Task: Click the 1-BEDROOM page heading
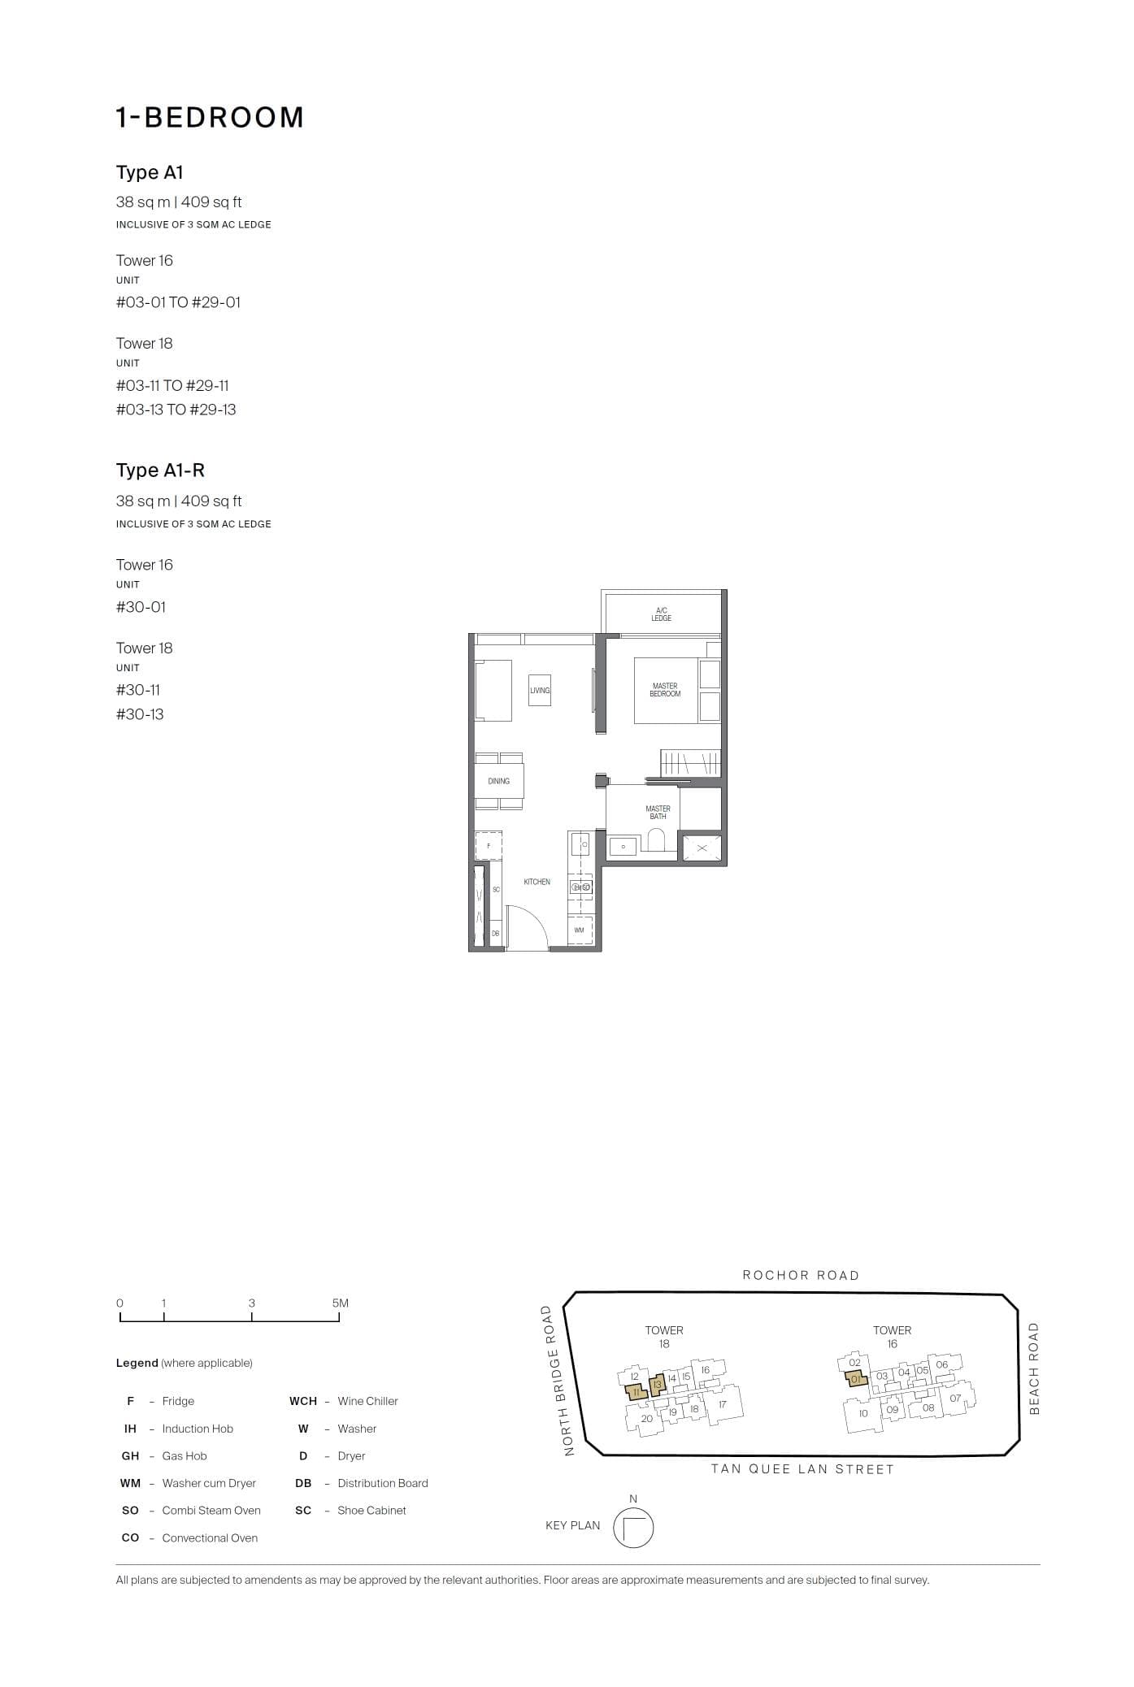click(x=210, y=118)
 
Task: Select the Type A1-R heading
click(x=160, y=471)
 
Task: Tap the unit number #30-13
click(x=140, y=714)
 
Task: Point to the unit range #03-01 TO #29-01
click(x=178, y=302)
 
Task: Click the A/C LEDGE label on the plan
click(x=661, y=614)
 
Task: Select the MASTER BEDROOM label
click(x=665, y=690)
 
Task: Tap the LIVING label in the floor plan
click(x=540, y=691)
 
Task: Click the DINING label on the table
click(x=498, y=781)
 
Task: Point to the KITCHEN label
click(x=537, y=882)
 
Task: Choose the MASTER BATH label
click(x=658, y=813)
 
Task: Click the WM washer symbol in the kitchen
click(x=580, y=930)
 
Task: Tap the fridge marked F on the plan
click(x=489, y=846)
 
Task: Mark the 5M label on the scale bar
click(x=340, y=1303)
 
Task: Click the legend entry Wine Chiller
click(x=367, y=1401)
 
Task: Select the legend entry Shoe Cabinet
click(x=371, y=1510)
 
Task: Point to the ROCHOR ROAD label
click(x=801, y=1275)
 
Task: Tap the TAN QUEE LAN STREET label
click(x=802, y=1469)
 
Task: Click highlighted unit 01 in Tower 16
click(x=855, y=1379)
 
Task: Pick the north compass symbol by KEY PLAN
click(x=633, y=1529)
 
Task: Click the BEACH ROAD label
click(x=1034, y=1369)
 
